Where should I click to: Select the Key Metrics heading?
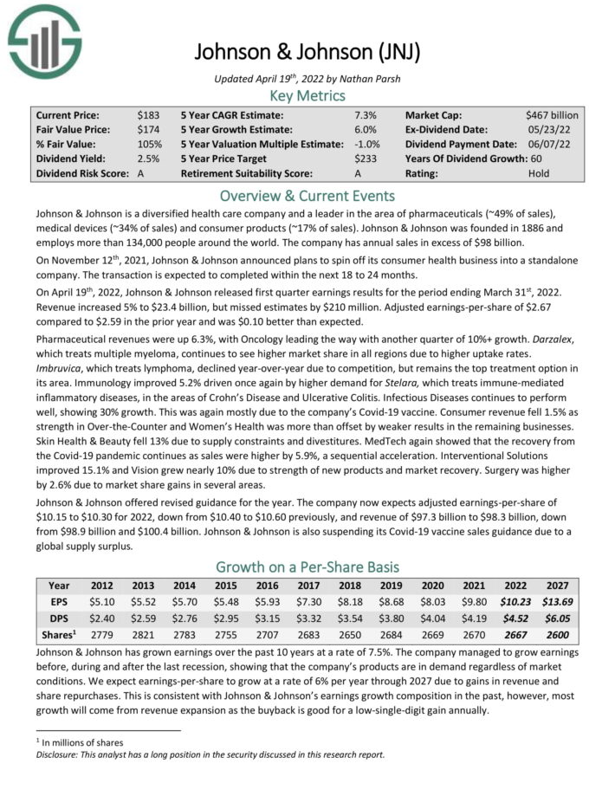pyautogui.click(x=307, y=94)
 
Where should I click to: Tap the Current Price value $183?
pyautogui.click(x=148, y=114)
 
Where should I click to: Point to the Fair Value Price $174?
pyautogui.click(x=148, y=129)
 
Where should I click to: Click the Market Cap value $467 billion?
pyautogui.click(x=551, y=114)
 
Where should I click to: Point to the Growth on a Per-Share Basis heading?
pyautogui.click(x=307, y=567)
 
